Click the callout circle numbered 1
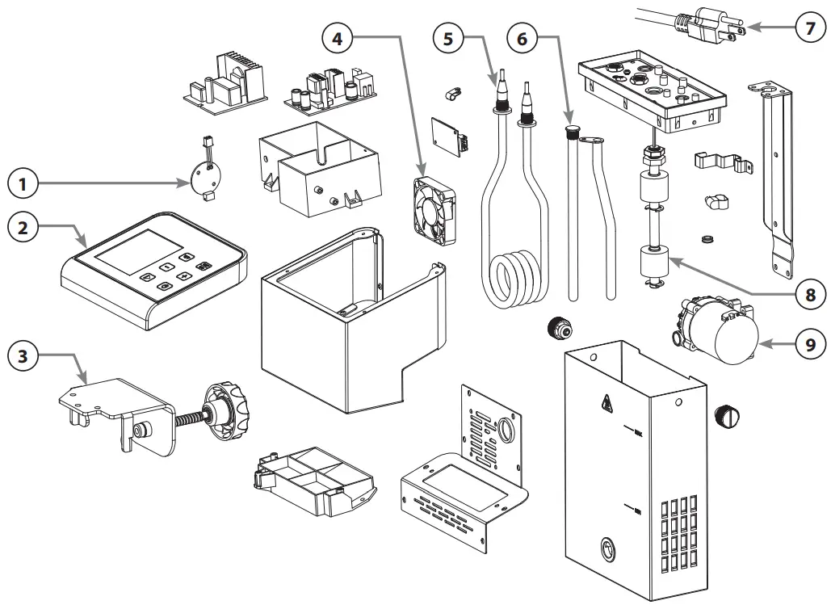[x=23, y=185]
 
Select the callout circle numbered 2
[x=23, y=227]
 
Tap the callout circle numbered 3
[x=23, y=356]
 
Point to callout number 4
[x=338, y=36]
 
